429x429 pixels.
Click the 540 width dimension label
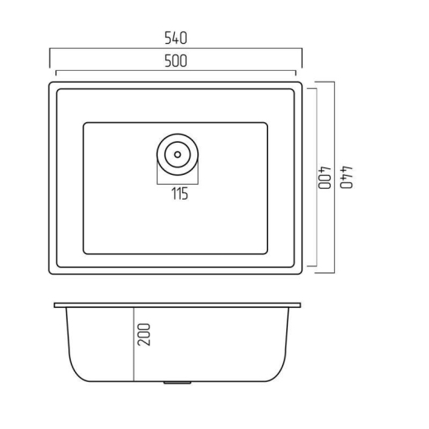coord(176,38)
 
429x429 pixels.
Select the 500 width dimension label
coord(176,61)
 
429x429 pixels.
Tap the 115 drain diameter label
coord(180,193)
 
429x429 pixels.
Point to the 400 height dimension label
coord(324,177)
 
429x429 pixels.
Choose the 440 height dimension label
coord(346,177)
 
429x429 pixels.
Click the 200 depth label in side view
coord(144,334)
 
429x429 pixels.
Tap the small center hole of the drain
coord(177,154)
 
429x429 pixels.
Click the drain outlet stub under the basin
coord(177,383)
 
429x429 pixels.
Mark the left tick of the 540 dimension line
coord(49,58)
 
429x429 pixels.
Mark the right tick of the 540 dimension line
coord(302,58)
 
